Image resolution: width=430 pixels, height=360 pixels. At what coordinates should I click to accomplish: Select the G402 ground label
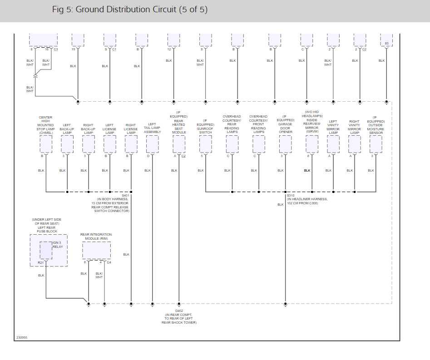pyautogui.click(x=179, y=311)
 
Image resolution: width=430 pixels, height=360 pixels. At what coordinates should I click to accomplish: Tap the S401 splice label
pyautogui.click(x=125, y=195)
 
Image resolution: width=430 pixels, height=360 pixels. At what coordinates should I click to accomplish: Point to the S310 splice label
pyautogui.click(x=291, y=195)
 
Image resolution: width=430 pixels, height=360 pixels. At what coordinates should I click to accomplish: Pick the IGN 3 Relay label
pyautogui.click(x=57, y=245)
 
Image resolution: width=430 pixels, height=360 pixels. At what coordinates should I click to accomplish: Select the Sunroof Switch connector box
pyautogui.click(x=205, y=144)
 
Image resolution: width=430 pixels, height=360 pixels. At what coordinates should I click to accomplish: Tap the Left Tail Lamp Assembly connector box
pyautogui.click(x=152, y=144)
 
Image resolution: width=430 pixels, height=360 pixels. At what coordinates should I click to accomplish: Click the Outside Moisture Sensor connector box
pyautogui.click(x=376, y=144)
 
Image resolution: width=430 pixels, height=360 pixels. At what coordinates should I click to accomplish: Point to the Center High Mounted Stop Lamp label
pyautogui.click(x=45, y=125)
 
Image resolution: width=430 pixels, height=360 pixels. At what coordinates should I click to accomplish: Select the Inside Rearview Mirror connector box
pyautogui.click(x=312, y=144)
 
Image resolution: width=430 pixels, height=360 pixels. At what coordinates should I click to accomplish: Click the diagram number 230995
pyautogui.click(x=22, y=337)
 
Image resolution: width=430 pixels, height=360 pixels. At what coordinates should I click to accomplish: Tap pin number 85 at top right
pyautogui.click(x=386, y=43)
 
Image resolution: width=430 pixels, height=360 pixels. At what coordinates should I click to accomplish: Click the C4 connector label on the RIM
pyautogui.click(x=109, y=262)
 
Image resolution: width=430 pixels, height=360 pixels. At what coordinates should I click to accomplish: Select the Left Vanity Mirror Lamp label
pyautogui.click(x=333, y=127)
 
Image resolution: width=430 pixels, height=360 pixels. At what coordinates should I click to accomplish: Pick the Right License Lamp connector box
pyautogui.click(x=131, y=144)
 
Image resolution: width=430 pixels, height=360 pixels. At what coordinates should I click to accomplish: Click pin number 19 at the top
pyautogui.click(x=73, y=49)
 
